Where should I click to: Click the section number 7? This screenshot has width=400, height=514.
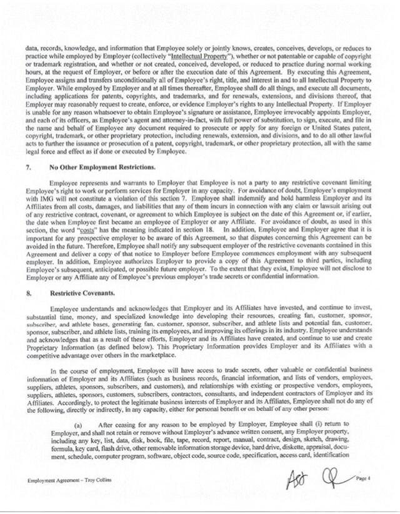click(27, 168)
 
